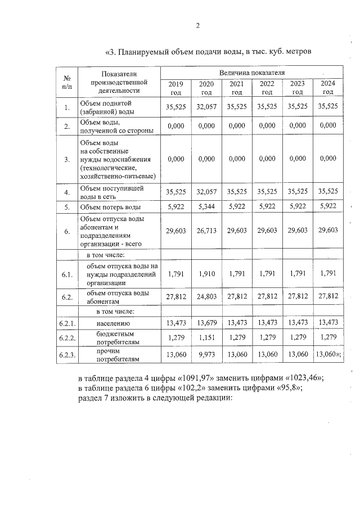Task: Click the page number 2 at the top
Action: point(197,25)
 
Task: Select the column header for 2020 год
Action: point(206,88)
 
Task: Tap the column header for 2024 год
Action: point(327,88)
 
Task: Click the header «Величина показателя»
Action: point(252,73)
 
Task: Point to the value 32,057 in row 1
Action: point(206,106)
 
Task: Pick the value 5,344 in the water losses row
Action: point(206,206)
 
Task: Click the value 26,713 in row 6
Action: point(206,231)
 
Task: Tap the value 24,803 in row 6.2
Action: point(206,296)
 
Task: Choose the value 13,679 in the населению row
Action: point(206,322)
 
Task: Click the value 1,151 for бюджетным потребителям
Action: point(206,337)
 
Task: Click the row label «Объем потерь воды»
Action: point(110,206)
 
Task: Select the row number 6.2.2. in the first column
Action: point(67,338)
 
